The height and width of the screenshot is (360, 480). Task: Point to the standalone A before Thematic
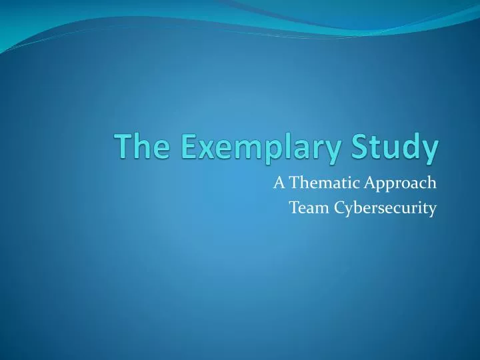pyautogui.click(x=278, y=181)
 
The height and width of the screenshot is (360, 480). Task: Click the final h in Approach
pyautogui.click(x=432, y=181)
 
